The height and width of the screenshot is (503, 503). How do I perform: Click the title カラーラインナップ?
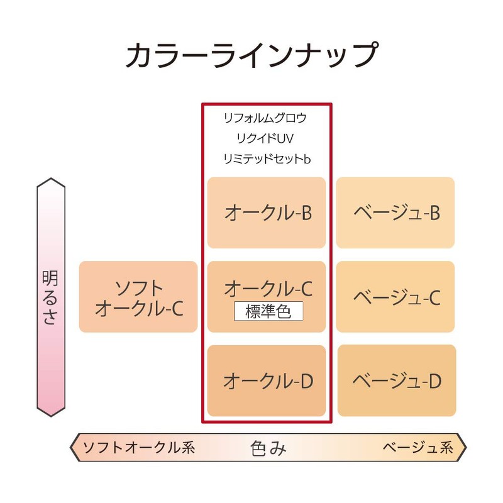pyautogui.click(x=252, y=55)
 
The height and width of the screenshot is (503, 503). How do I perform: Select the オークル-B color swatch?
pyautogui.click(x=267, y=213)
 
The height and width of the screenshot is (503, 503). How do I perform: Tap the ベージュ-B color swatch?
pyautogui.click(x=395, y=213)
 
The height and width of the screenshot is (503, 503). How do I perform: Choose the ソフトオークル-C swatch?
pyautogui.click(x=138, y=297)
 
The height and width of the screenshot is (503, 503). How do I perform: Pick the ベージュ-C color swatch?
pyautogui.click(x=395, y=297)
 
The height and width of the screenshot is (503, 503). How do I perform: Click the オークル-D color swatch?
pyautogui.click(x=267, y=381)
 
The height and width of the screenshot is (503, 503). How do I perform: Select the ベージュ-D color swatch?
pyautogui.click(x=397, y=380)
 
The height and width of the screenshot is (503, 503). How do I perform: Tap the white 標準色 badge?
pyautogui.click(x=269, y=311)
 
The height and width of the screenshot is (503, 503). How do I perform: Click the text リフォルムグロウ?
pyautogui.click(x=265, y=118)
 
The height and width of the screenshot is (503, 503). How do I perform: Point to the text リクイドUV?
pyautogui.click(x=265, y=138)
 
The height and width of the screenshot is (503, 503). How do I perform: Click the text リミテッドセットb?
pyautogui.click(x=267, y=159)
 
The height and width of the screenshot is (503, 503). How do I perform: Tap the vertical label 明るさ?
pyautogui.click(x=50, y=297)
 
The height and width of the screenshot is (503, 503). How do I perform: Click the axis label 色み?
pyautogui.click(x=268, y=448)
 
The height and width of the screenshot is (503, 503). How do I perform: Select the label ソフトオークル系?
pyautogui.click(x=139, y=448)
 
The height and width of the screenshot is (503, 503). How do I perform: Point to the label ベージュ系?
pyautogui.click(x=418, y=448)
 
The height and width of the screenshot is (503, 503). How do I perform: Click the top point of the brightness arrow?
pyautogui.click(x=51, y=178)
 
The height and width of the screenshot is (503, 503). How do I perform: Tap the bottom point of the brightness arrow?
pyautogui.click(x=51, y=416)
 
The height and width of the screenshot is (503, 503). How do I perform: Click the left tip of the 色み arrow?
pyautogui.click(x=70, y=448)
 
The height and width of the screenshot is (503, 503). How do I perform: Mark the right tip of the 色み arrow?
pyautogui.click(x=467, y=448)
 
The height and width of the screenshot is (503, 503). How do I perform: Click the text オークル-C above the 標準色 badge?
pyautogui.click(x=268, y=289)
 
